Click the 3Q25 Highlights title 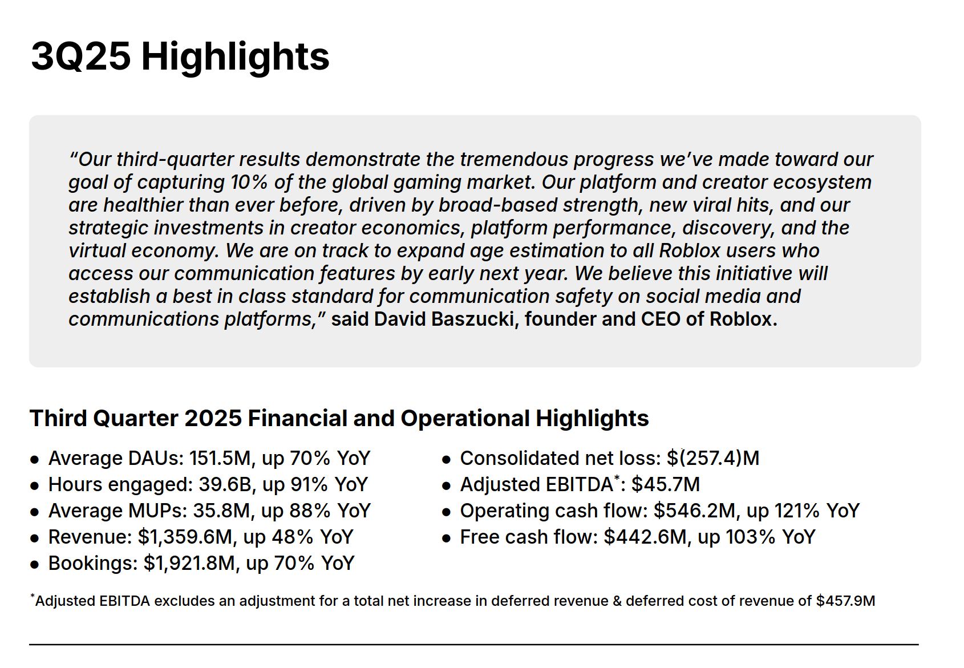(x=180, y=57)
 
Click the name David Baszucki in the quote (x=444, y=319)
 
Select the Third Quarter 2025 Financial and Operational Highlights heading (x=339, y=418)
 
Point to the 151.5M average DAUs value (x=220, y=459)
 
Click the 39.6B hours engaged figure (x=225, y=485)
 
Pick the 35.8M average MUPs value (x=221, y=511)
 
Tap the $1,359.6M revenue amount (x=185, y=537)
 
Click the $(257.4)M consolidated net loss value (x=713, y=459)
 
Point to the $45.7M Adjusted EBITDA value (x=666, y=485)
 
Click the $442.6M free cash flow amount (x=645, y=537)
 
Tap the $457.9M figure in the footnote (x=846, y=601)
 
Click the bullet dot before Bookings (x=34, y=564)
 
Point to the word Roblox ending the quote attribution (x=743, y=319)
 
